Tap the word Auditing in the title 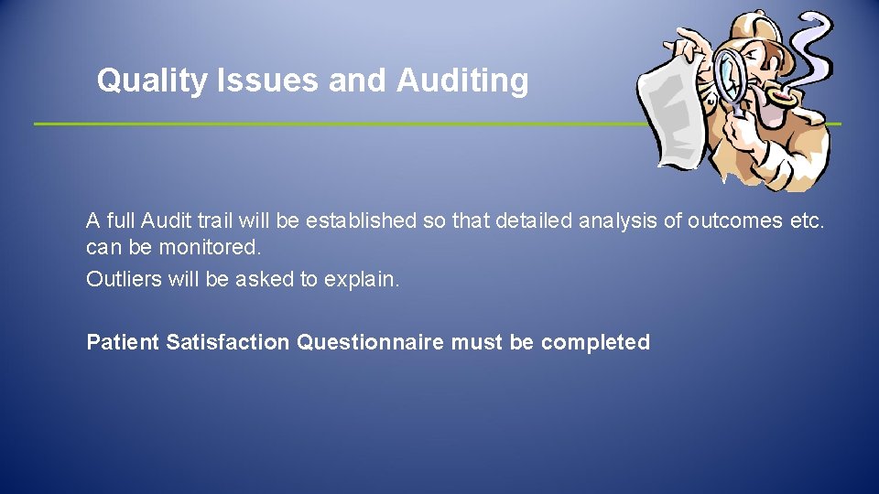(462, 81)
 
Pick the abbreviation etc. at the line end (807, 221)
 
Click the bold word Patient (123, 343)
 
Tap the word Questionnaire (370, 343)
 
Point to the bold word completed (595, 343)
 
